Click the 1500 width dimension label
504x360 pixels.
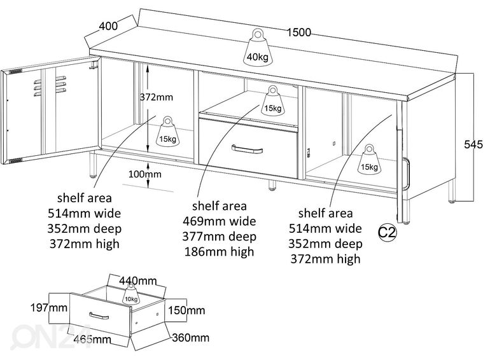point(298,32)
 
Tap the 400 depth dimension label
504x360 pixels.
point(108,26)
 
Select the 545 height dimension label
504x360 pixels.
point(473,144)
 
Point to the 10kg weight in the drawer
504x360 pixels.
point(131,294)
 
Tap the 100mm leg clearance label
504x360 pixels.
point(145,174)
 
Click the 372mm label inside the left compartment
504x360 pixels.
point(156,97)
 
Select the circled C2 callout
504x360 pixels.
point(387,232)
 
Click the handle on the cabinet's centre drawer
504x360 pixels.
point(247,149)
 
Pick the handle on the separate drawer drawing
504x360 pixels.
point(99,316)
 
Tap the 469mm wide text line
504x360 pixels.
point(219,221)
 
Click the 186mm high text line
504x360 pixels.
point(219,251)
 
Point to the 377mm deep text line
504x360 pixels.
point(219,237)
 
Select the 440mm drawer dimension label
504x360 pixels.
point(138,280)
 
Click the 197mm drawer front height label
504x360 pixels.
point(49,308)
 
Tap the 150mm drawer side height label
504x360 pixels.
point(186,310)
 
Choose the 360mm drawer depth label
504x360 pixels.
point(191,338)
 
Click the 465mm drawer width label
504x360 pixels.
point(92,339)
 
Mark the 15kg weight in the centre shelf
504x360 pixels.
point(272,100)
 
